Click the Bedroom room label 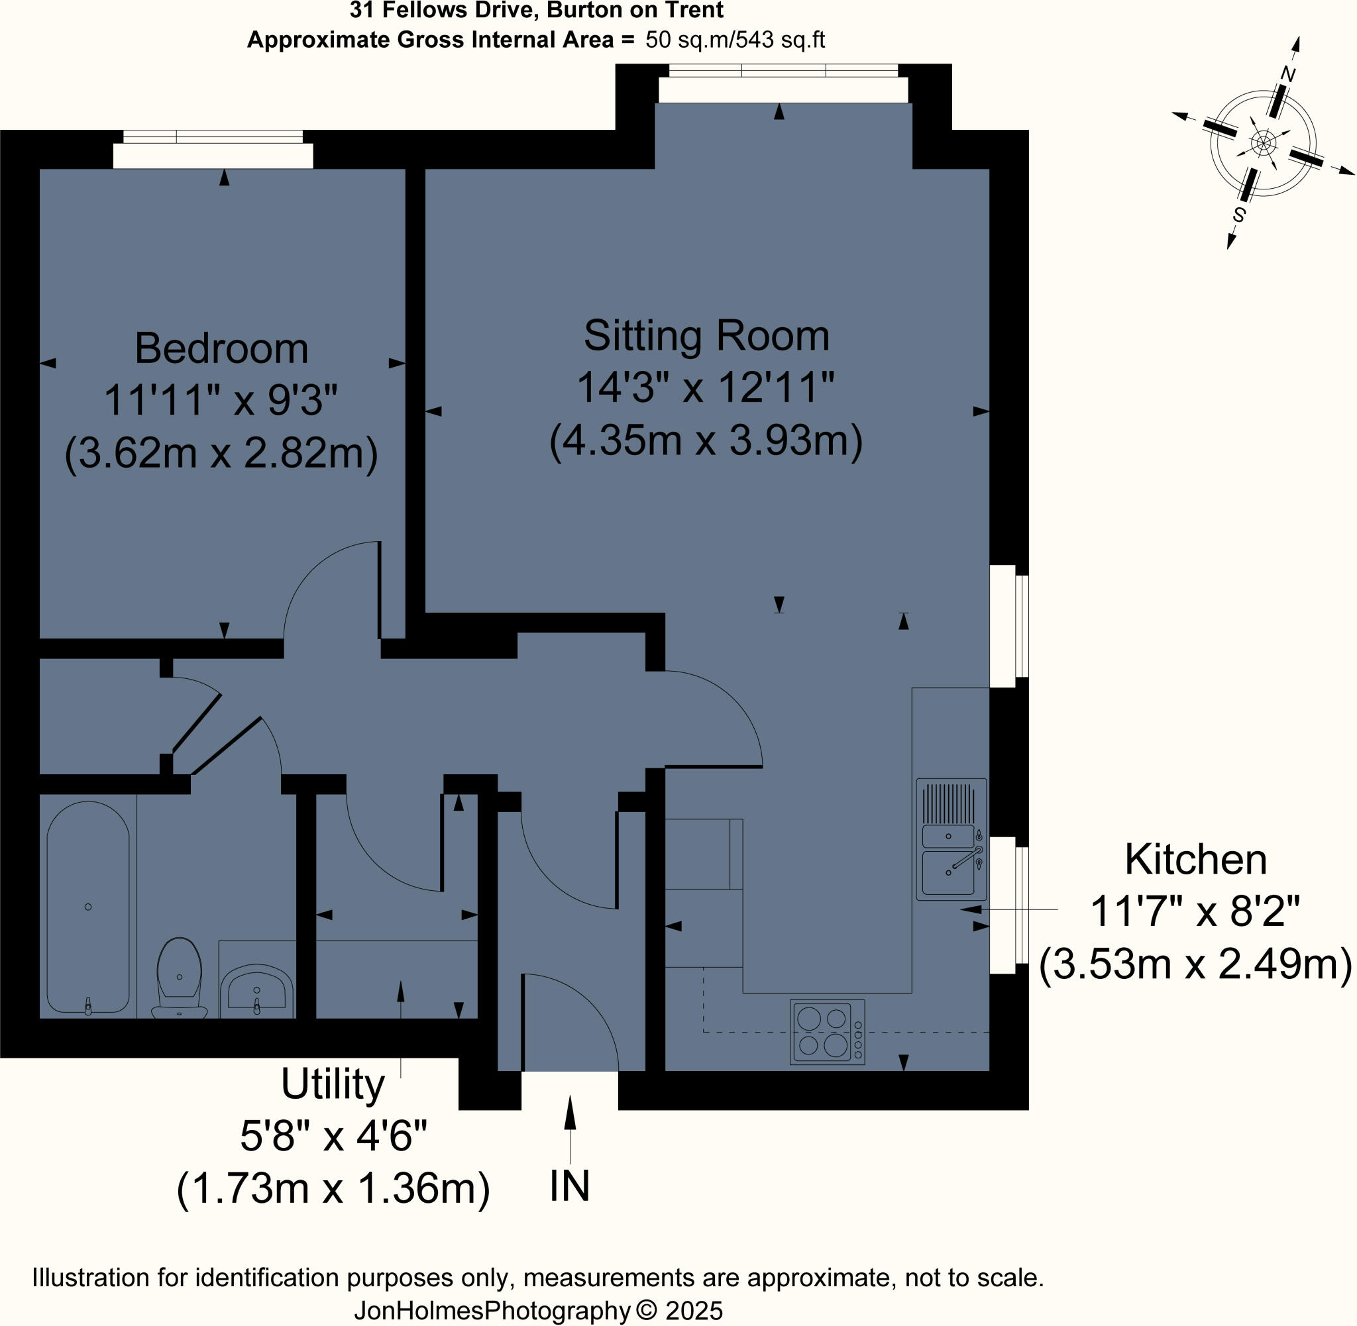[221, 349]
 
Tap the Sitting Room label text [706, 336]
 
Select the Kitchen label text [1195, 860]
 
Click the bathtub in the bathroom [87, 907]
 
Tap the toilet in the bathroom [180, 977]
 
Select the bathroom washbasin [256, 990]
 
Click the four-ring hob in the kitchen [828, 1032]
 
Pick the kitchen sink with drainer [951, 839]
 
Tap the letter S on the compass [1238, 215]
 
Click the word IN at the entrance [569, 1186]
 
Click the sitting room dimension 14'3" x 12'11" [706, 388]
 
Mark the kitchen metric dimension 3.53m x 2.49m [1195, 964]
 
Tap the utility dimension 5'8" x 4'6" [333, 1137]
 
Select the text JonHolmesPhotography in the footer [492, 1311]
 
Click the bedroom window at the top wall [213, 149]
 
